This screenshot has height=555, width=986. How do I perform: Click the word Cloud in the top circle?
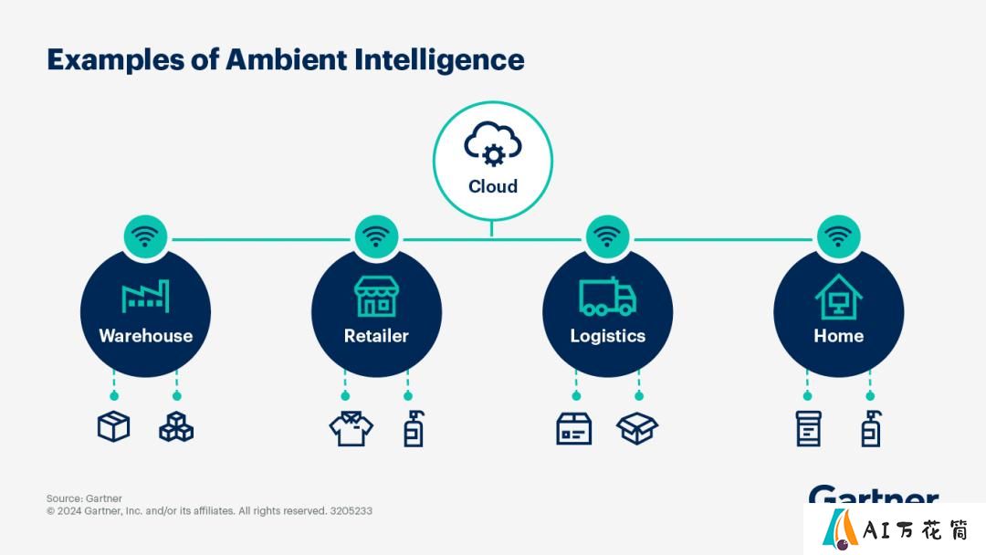[x=493, y=186]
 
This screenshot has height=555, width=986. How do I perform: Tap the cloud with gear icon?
[x=493, y=144]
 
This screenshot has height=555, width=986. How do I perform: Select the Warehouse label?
[x=145, y=336]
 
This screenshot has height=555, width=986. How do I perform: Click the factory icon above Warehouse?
[x=145, y=296]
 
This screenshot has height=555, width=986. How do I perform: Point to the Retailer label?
[x=376, y=336]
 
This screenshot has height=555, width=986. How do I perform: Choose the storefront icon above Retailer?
[x=376, y=296]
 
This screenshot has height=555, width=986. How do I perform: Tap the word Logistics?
[x=607, y=336]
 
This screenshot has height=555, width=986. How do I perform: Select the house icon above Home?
[x=838, y=297]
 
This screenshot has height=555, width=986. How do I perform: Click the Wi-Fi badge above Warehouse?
[x=145, y=237]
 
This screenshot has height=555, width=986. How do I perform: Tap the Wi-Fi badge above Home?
[x=838, y=237]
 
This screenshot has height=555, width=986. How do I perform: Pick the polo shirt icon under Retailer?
[x=351, y=429]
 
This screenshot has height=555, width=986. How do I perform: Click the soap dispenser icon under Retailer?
[x=414, y=429]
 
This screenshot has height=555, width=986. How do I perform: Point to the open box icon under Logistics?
[x=637, y=429]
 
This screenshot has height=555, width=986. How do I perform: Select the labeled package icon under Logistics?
[x=574, y=429]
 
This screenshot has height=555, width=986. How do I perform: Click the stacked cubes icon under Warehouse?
[x=176, y=427]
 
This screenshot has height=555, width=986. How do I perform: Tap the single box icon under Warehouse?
[x=114, y=427]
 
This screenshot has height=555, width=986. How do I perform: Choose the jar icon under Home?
[x=809, y=429]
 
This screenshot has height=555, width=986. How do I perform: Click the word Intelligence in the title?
[x=439, y=60]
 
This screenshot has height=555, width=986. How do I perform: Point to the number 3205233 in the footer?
[x=351, y=511]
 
